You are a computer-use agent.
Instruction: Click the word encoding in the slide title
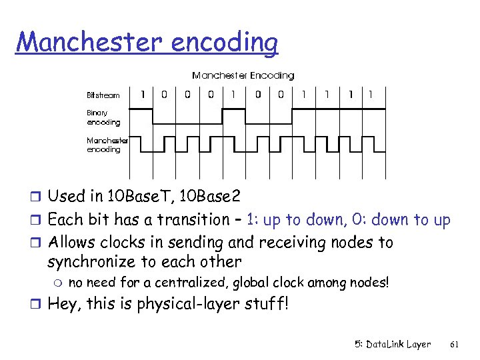[x=224, y=43]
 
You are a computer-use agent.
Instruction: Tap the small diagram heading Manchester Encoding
[x=243, y=76]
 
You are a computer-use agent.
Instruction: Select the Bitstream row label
[x=103, y=95]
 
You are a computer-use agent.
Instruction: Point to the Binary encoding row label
[x=103, y=118]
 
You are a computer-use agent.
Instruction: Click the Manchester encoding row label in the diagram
[x=107, y=145]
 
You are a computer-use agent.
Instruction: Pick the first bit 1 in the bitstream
[x=142, y=94]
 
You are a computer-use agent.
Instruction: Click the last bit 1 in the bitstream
[x=371, y=94]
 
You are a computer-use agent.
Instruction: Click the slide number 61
[x=455, y=345]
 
